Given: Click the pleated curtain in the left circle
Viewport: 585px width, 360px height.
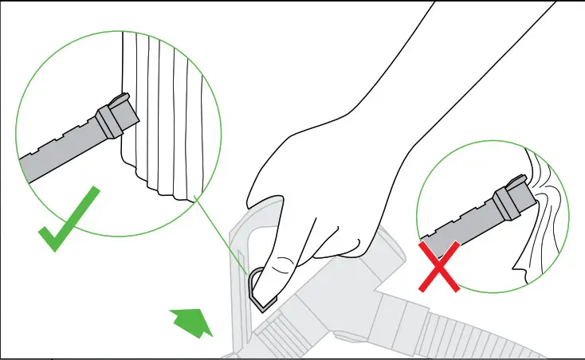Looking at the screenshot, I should pos(171,112).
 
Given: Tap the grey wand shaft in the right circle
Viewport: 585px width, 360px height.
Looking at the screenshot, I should pos(454,231).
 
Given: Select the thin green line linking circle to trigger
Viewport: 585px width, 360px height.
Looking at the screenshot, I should pos(222,231).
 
